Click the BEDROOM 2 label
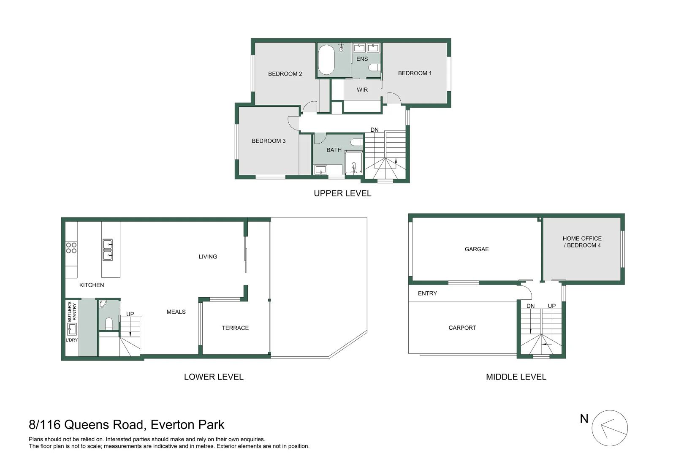click(x=285, y=74)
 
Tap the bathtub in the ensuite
click(x=326, y=60)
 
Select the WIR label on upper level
click(x=362, y=90)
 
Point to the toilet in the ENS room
click(x=374, y=68)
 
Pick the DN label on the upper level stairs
click(x=375, y=130)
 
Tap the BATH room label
click(x=334, y=150)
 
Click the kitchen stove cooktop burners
click(x=71, y=248)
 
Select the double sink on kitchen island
click(x=108, y=250)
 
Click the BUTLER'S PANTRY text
click(x=72, y=312)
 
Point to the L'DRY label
click(x=72, y=340)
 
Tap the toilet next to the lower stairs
click(x=109, y=323)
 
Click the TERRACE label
click(x=235, y=328)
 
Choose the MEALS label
click(x=176, y=312)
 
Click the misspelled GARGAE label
click(x=477, y=250)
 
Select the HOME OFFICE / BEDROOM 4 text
click(x=582, y=242)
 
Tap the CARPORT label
click(x=462, y=328)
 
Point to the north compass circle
click(x=609, y=428)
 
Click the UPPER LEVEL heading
click(x=342, y=193)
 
